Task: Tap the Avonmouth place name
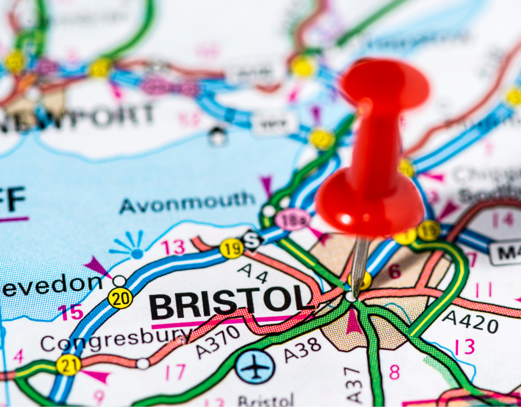pos(187,203)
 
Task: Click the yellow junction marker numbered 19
pos(231,248)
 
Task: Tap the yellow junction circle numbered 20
pos(120,298)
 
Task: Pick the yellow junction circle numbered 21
pos(68,364)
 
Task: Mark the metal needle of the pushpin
pos(359,265)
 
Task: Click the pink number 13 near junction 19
pos(174,247)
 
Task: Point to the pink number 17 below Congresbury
pos(175,372)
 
